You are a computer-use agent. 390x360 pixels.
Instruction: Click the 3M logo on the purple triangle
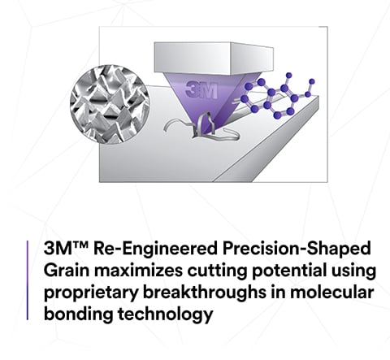(200, 89)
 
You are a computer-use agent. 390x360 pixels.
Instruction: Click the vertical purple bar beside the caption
(28, 280)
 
